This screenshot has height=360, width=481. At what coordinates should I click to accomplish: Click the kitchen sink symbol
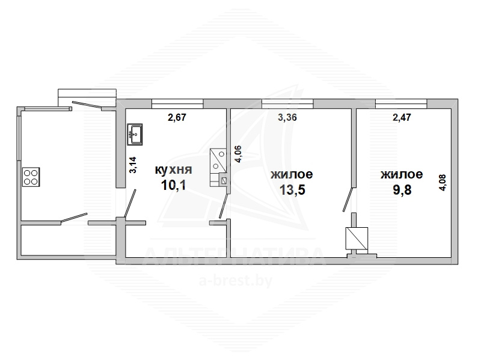click(x=135, y=134)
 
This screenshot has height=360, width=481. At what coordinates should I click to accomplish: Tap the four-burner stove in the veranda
click(x=31, y=177)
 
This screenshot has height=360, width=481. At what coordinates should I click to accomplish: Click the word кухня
click(x=174, y=169)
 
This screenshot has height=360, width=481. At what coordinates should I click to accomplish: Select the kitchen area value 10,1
click(x=173, y=185)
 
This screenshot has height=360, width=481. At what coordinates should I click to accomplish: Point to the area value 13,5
click(x=292, y=190)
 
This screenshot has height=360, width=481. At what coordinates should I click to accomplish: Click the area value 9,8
click(x=402, y=190)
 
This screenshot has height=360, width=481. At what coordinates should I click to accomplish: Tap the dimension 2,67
click(x=177, y=117)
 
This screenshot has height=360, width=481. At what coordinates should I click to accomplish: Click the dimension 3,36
click(x=287, y=117)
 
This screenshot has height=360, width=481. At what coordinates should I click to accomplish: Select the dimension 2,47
click(x=402, y=117)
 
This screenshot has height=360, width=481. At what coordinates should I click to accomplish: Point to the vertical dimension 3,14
click(x=133, y=165)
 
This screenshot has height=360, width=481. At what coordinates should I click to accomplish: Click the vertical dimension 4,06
click(x=238, y=154)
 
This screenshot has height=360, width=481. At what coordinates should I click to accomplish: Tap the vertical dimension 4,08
click(x=443, y=183)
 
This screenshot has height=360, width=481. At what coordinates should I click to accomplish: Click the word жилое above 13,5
click(x=292, y=174)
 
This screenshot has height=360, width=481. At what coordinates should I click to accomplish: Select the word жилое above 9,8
click(x=402, y=174)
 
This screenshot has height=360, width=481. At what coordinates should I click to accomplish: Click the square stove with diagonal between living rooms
click(x=357, y=238)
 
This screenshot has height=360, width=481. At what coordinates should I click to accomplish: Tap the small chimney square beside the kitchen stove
click(x=224, y=181)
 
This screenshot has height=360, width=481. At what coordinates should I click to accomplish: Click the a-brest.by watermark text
click(x=236, y=281)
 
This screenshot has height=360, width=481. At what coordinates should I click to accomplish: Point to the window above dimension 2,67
click(x=177, y=104)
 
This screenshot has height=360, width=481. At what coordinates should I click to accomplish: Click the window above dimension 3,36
click(x=288, y=104)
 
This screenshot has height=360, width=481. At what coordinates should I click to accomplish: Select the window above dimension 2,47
click(x=401, y=104)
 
